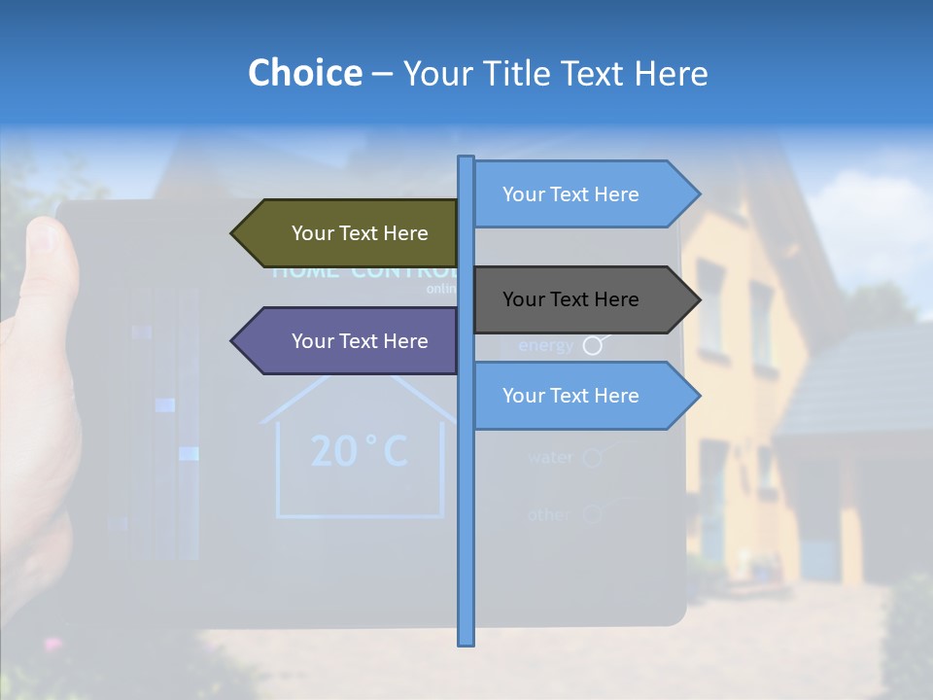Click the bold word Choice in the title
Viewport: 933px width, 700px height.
pos(304,73)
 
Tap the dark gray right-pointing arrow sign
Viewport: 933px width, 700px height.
pos(578,299)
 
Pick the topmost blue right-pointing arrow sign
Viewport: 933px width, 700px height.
pos(578,194)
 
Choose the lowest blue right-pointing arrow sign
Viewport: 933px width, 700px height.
pos(578,396)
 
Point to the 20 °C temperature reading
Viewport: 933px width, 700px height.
pos(359,451)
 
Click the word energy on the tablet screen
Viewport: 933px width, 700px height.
pos(545,345)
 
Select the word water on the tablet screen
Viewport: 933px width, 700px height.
pos(550,457)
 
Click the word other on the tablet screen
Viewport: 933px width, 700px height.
pos(549,514)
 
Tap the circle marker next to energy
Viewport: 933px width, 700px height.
pos(592,345)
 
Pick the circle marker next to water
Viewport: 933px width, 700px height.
pos(592,457)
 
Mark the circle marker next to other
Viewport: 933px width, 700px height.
pos(592,514)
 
